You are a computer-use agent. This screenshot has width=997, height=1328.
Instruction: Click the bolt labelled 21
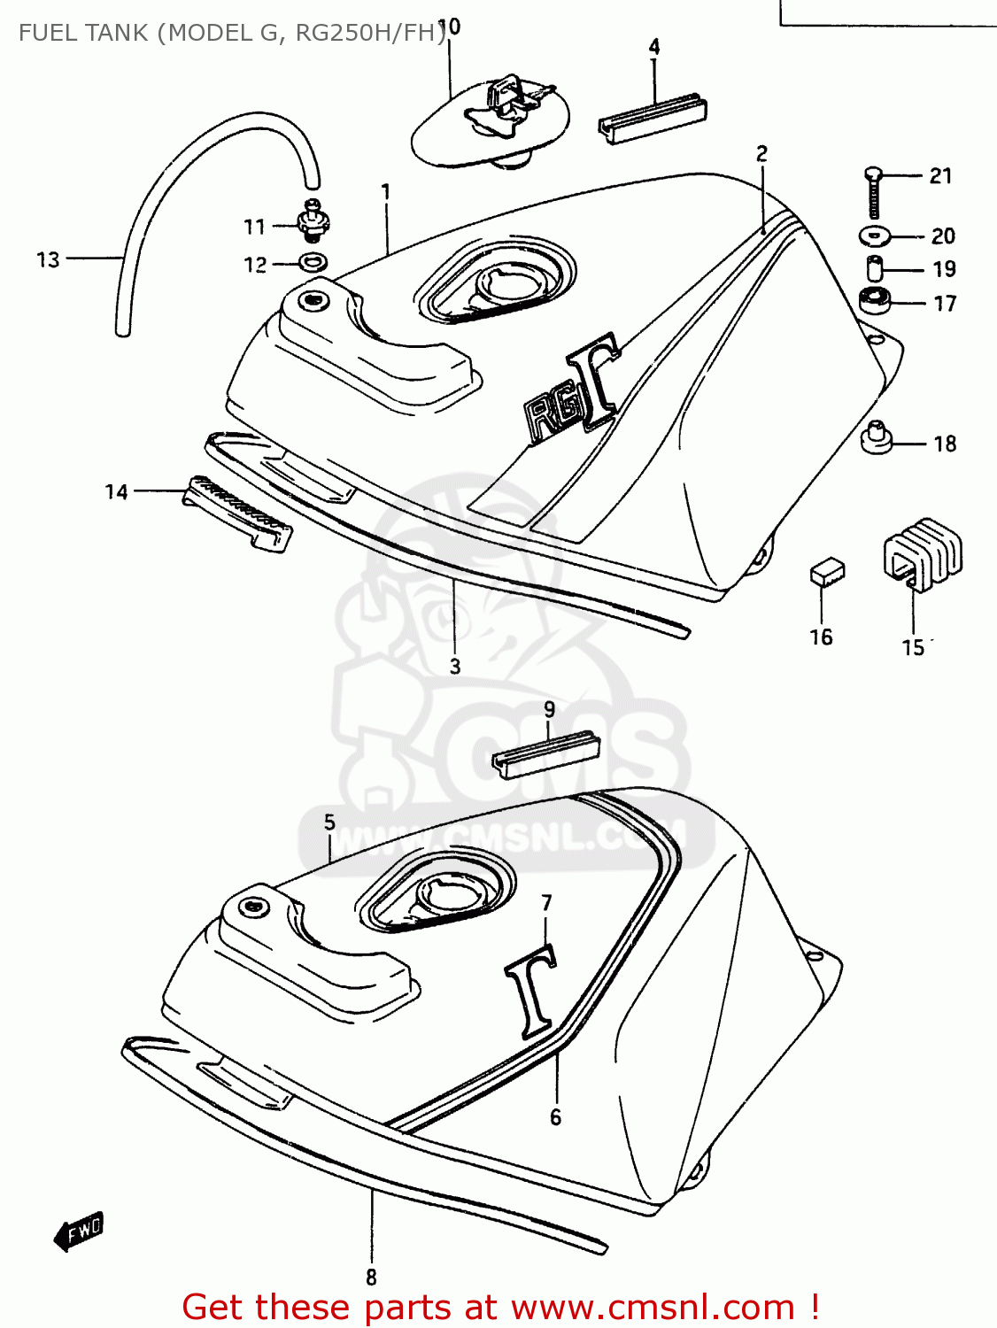point(873,192)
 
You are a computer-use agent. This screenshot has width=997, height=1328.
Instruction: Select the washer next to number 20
point(876,235)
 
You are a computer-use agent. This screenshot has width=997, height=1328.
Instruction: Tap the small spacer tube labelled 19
point(875,267)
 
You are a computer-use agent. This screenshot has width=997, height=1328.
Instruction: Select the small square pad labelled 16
point(827,572)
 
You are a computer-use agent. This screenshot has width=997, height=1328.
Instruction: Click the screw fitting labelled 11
point(312,221)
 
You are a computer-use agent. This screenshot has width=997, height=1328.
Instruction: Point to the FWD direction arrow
point(79,1231)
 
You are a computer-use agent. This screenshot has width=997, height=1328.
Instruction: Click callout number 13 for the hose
point(48,259)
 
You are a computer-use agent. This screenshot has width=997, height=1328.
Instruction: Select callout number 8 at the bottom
point(371,1277)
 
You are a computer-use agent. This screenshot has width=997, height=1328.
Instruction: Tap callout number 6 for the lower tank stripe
point(555,1116)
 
